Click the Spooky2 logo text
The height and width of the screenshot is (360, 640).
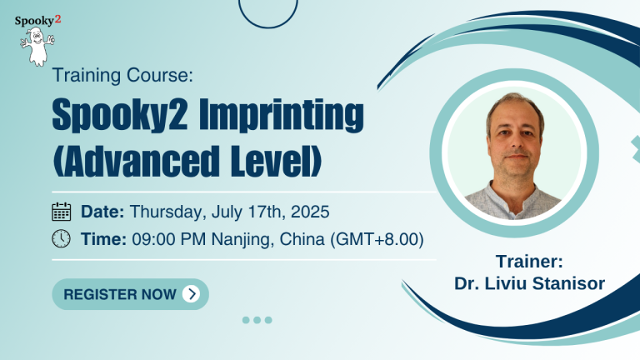[x=37, y=20]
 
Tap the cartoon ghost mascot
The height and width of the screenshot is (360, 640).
[x=37, y=46]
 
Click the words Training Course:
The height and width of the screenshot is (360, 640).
[x=122, y=75]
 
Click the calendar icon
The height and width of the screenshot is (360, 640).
[x=61, y=212]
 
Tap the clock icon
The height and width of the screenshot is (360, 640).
[x=61, y=239]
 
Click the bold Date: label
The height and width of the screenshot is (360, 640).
[x=102, y=212]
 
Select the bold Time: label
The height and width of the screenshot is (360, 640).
[x=103, y=239]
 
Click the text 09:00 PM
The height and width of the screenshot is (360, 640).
[x=169, y=239]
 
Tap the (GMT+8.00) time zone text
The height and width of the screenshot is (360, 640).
[x=377, y=240]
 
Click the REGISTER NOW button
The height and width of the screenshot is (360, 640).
[x=130, y=294]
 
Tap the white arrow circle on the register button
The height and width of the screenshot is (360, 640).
[x=191, y=294]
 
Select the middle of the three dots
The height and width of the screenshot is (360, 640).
[x=257, y=320]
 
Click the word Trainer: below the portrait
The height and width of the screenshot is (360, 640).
[x=529, y=262]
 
